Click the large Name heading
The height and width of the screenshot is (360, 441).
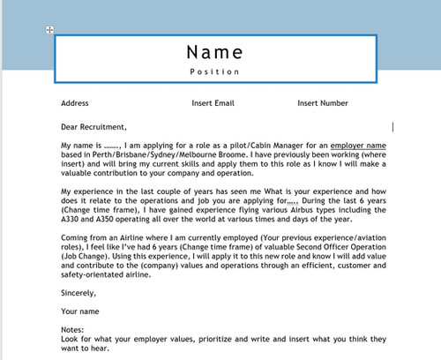coord(214,50)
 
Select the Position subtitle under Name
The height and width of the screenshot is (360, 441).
coord(214,71)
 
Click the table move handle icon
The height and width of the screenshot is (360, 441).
coord(50,31)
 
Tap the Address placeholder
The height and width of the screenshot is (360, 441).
coord(75,103)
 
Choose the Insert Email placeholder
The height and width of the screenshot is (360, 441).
coord(213,103)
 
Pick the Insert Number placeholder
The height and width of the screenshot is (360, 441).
coord(323,103)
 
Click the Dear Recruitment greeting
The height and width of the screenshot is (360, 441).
coord(94,126)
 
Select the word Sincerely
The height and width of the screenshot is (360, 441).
coord(78,292)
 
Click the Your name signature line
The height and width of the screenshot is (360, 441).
coord(80,311)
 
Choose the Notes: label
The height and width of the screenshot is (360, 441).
coord(73,330)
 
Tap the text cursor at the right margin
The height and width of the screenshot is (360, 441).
coord(392,126)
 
